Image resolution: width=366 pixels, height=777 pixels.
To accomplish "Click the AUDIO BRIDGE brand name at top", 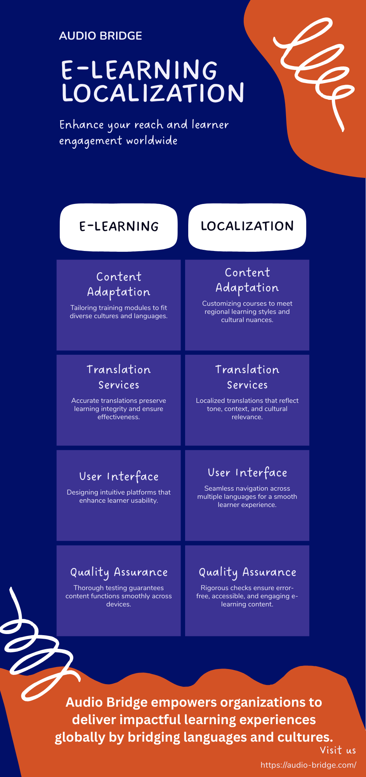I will pos(101,36).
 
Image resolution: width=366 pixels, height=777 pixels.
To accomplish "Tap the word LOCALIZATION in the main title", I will pos(153,93).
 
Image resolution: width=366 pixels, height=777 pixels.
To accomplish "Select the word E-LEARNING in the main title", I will pos(139,70).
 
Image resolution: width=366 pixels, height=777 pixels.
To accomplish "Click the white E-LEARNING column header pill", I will pos(119,226).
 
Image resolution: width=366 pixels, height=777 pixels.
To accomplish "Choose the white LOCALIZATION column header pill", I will pos(247,226).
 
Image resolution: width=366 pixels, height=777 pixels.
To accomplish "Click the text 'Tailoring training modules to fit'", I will pos(118,308).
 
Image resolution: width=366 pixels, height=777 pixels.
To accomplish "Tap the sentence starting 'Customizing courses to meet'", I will pos(247,303).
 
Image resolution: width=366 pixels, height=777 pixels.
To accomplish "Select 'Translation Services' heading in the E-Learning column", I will pos(119,377).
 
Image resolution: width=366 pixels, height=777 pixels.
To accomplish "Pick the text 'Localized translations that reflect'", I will pos(247,401).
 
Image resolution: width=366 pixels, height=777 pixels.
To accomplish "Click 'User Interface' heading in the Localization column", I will pos(247,473).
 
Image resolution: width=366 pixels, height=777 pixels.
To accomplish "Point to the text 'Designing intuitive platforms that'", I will pos(118,492).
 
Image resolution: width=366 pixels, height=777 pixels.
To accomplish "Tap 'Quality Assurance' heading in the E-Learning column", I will pos(119,572).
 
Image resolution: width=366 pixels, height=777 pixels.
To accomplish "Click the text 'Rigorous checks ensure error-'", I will pos(247,588).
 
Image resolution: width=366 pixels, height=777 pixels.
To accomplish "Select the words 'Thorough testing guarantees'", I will pos(118,588).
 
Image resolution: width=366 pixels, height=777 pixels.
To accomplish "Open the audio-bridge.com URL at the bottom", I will pos(308,765).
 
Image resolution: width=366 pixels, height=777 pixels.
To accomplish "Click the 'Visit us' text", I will pos(338,750).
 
